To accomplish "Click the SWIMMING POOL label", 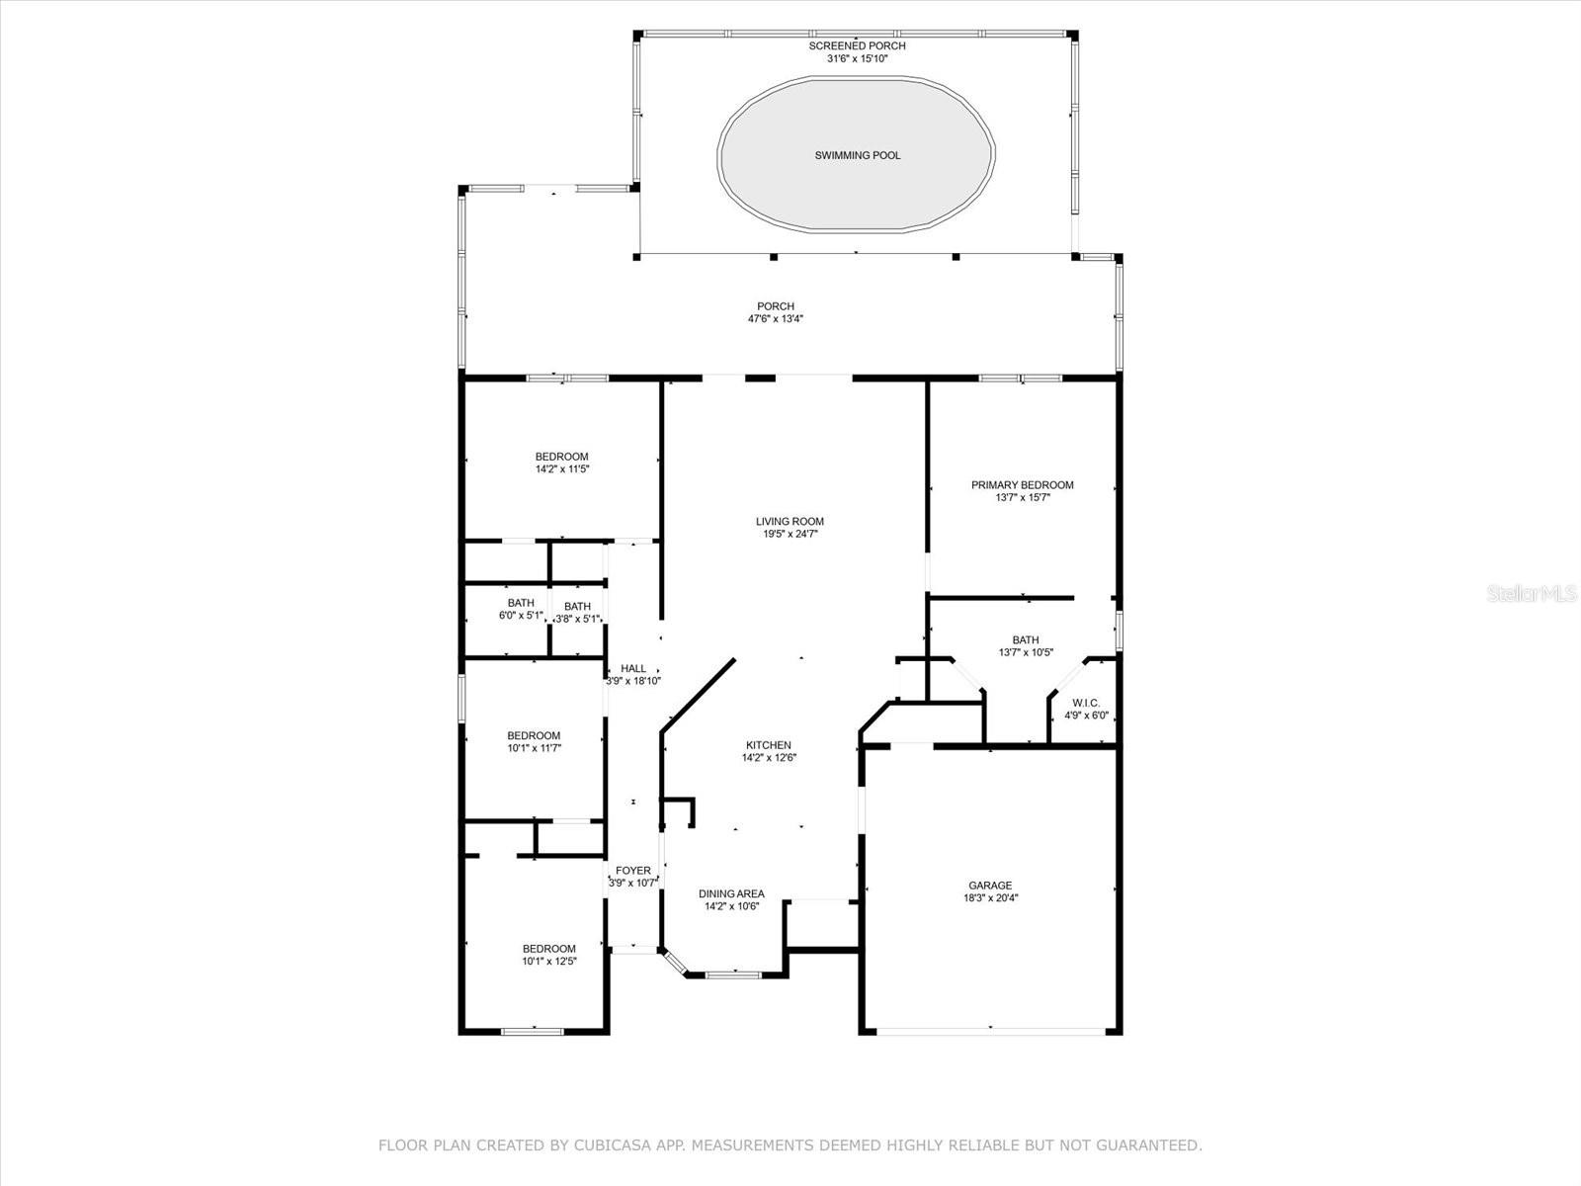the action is [x=857, y=155].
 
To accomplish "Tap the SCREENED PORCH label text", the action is [x=857, y=46].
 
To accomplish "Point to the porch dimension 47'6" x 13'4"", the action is [x=775, y=319].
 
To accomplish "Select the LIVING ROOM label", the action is [x=790, y=522].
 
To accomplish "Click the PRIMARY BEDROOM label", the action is [x=1022, y=485].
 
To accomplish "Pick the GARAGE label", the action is [x=990, y=886].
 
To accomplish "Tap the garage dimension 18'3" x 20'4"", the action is [x=990, y=898].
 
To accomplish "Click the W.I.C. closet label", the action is [x=1085, y=703].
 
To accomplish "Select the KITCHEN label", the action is [x=769, y=745].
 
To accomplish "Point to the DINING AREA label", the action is [x=731, y=893].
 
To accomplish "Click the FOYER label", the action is [x=633, y=871].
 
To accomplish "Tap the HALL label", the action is [x=633, y=668].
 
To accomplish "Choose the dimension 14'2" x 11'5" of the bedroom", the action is [x=562, y=468].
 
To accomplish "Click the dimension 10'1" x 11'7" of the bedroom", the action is [x=534, y=748].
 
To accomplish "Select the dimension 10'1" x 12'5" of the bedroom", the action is [x=548, y=962].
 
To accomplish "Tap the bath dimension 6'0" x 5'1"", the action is [x=521, y=616].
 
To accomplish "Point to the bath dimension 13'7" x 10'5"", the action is [x=1026, y=652].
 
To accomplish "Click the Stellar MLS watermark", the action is [x=1532, y=593].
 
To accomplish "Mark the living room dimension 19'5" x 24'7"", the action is [x=790, y=534].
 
